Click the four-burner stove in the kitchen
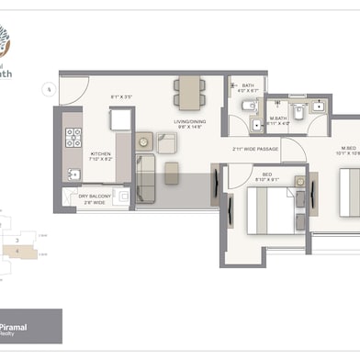(73, 140)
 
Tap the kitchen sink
(73, 173)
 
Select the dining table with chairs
(189, 91)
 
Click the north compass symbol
(45, 89)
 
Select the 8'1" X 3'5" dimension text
(122, 95)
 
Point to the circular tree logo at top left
(13, 38)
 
